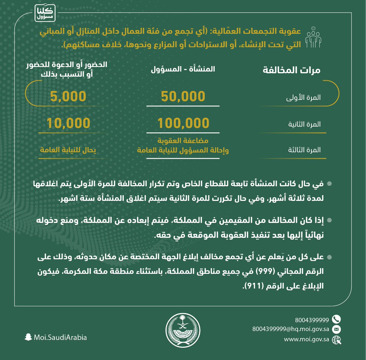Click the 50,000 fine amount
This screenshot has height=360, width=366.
183,96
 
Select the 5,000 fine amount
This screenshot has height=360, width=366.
68,96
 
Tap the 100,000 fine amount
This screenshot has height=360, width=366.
183,123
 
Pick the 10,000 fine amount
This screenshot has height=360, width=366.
68,123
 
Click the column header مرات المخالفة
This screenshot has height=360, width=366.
292,70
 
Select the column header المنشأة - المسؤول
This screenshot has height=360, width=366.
183,69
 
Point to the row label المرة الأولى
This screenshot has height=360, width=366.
303,98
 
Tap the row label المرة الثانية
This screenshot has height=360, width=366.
304,124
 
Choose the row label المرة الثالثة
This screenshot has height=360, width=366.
304,150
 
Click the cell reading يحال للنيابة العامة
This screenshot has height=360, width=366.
68,150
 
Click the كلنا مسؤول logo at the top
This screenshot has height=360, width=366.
45,13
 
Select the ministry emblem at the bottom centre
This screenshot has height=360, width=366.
183,330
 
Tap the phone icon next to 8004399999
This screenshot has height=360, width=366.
336,319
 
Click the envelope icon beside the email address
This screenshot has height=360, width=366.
336,329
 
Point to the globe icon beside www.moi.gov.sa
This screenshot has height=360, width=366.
337,340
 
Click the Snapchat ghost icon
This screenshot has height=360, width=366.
28,337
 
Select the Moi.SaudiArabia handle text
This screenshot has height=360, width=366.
60,337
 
